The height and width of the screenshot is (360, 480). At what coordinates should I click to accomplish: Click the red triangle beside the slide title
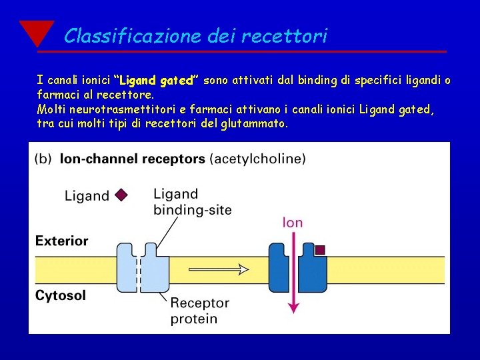pyautogui.click(x=37, y=33)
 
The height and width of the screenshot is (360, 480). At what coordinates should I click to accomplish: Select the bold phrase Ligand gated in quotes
pyautogui.click(x=156, y=81)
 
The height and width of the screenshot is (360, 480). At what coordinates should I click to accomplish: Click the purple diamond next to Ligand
pyautogui.click(x=120, y=195)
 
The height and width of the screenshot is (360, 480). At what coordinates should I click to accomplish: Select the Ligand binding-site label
pyautogui.click(x=192, y=202)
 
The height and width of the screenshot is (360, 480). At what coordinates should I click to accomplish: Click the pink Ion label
pyautogui.click(x=293, y=223)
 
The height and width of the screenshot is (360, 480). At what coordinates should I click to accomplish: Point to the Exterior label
pyautogui.click(x=62, y=241)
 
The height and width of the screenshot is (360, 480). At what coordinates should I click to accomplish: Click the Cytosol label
pyautogui.click(x=61, y=295)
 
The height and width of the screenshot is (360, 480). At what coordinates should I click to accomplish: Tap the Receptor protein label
pyautogui.click(x=199, y=311)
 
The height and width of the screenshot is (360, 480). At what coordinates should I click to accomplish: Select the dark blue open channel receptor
pyautogui.click(x=297, y=267)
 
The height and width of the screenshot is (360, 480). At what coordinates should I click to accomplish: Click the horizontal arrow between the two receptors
pyautogui.click(x=219, y=269)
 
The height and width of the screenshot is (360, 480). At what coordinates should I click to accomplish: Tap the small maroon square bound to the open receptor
pyautogui.click(x=320, y=250)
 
